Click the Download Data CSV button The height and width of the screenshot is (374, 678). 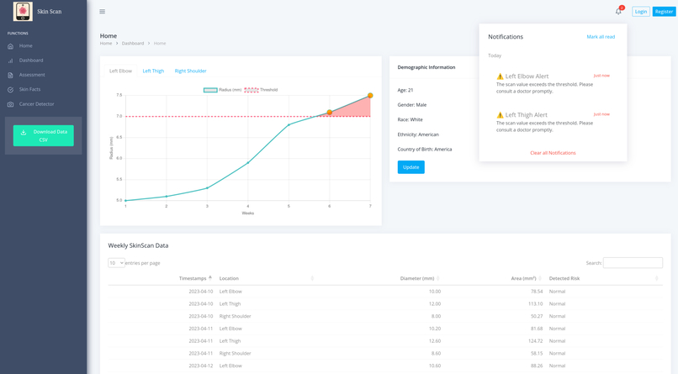[x=44, y=135]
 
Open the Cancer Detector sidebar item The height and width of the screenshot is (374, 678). [x=36, y=104]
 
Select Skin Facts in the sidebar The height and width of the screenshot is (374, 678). [x=29, y=89]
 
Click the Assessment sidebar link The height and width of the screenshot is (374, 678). [x=32, y=75]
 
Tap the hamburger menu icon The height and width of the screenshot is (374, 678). [x=103, y=12]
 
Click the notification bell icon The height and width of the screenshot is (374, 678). [x=618, y=12]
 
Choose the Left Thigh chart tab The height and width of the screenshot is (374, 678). [x=153, y=71]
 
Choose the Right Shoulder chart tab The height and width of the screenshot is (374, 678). [x=191, y=71]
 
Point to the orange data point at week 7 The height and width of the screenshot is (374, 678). [x=370, y=96]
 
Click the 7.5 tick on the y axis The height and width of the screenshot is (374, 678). [x=119, y=95]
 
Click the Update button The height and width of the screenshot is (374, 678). [x=411, y=167]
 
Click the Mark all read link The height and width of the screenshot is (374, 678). [x=601, y=37]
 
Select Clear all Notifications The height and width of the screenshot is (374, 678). [x=553, y=153]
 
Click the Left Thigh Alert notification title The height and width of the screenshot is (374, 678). [x=527, y=115]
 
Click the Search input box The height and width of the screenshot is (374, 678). [x=633, y=263]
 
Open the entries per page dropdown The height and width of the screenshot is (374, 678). [x=116, y=263]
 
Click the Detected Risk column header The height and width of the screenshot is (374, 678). [x=564, y=278]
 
